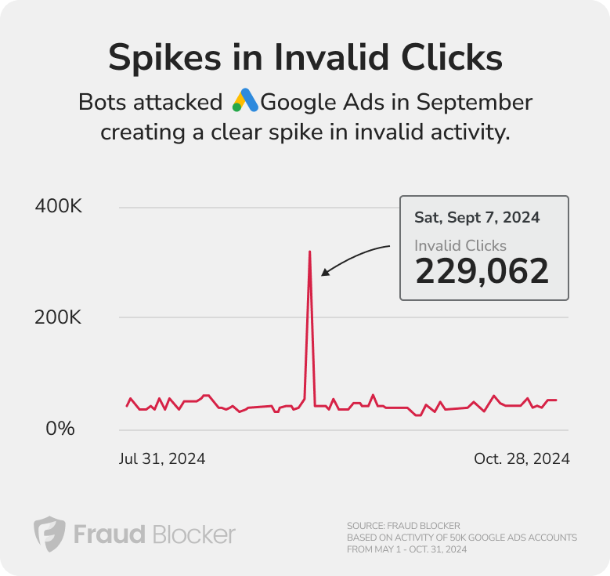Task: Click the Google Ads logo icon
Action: [x=245, y=102]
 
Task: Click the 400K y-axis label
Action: [x=59, y=207]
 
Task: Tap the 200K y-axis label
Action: [x=59, y=317]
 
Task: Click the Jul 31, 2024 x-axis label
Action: [x=162, y=458]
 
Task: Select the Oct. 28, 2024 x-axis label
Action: [x=522, y=458]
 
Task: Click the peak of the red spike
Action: [x=310, y=252]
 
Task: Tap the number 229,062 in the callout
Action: [x=482, y=272]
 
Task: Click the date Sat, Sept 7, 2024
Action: [x=477, y=217]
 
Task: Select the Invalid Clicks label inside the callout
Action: [x=460, y=245]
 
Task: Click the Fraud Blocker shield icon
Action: [x=49, y=534]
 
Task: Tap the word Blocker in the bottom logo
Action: [x=193, y=534]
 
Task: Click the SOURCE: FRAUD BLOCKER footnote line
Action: [x=403, y=525]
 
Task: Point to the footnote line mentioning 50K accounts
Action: [x=461, y=538]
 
